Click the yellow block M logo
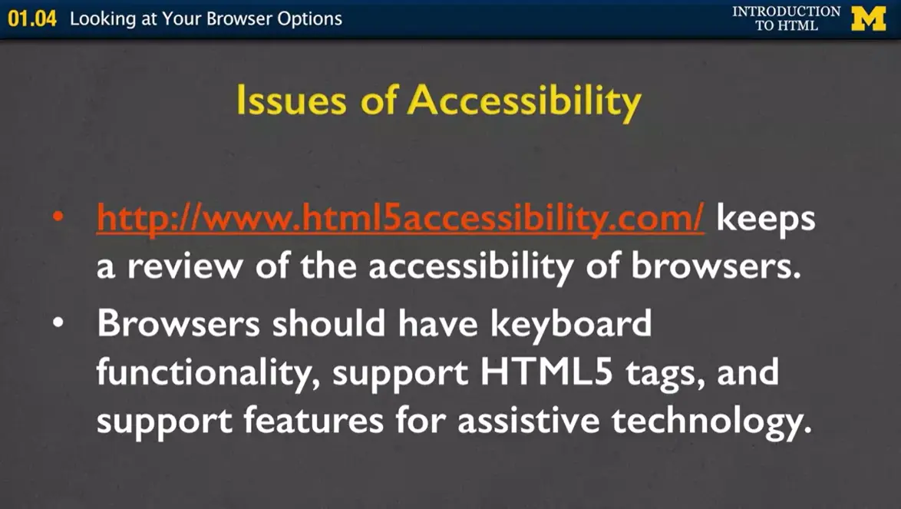[x=868, y=18]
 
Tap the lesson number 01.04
[x=32, y=18]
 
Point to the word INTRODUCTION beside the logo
[x=786, y=12]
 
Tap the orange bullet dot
[x=60, y=219]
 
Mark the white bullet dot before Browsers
[x=60, y=324]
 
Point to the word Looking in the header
[x=101, y=19]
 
